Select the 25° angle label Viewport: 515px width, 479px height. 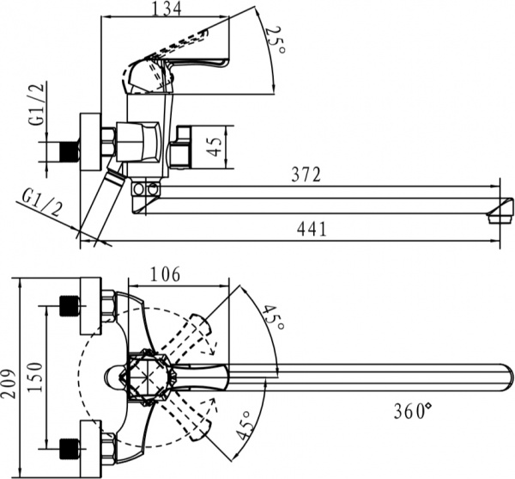[x=274, y=40]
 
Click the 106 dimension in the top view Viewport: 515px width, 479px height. [x=163, y=274]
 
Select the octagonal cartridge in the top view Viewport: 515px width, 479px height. [x=148, y=377]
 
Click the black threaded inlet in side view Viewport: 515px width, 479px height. [x=59, y=152]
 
